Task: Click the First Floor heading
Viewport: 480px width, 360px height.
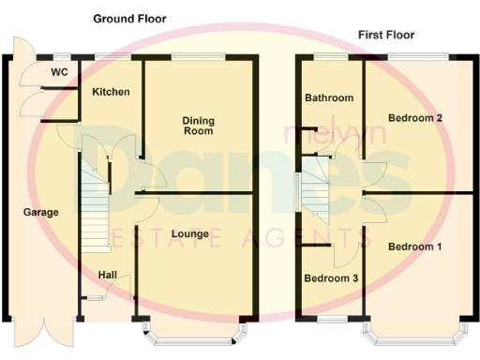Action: (386, 35)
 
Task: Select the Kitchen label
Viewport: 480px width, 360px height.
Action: (111, 92)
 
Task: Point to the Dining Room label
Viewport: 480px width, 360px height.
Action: (198, 126)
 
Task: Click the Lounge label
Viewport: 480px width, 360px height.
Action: (191, 233)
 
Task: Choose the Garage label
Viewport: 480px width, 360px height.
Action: (40, 212)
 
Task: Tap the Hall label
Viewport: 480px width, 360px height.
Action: (108, 274)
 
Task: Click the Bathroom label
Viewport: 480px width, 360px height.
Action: (328, 97)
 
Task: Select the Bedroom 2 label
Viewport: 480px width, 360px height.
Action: (414, 118)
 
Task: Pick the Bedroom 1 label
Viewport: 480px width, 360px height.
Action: (413, 247)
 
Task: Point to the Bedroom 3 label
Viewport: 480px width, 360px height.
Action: (329, 278)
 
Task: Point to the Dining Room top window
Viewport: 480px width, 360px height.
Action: (198, 57)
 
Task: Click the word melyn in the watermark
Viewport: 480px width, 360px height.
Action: (316, 135)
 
